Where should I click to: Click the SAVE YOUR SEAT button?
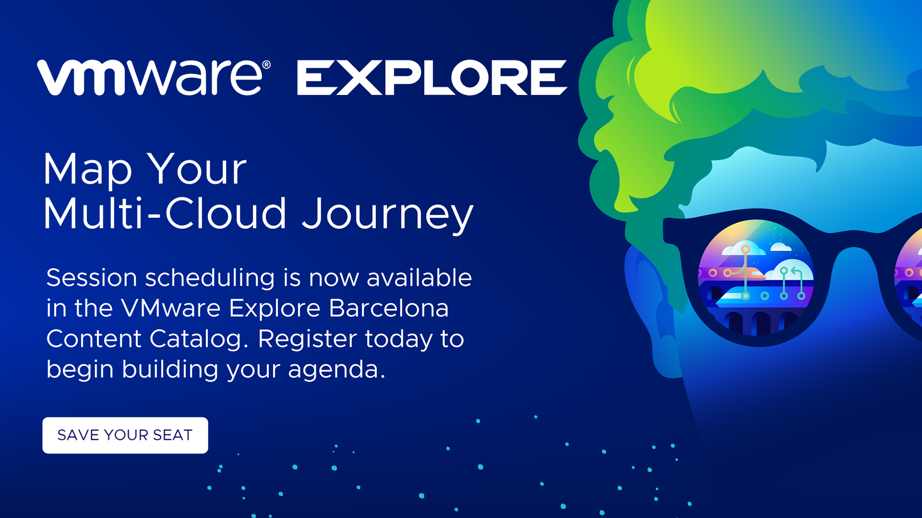pos(125,435)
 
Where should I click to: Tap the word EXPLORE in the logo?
pos(432,77)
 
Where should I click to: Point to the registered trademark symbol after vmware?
pos(266,65)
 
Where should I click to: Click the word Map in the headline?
pos(87,170)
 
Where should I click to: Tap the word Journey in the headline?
pos(388,215)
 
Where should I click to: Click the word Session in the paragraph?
pos(92,277)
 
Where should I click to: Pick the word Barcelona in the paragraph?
pos(389,308)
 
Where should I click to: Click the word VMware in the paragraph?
pos(170,308)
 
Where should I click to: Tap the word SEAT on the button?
pos(172,435)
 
